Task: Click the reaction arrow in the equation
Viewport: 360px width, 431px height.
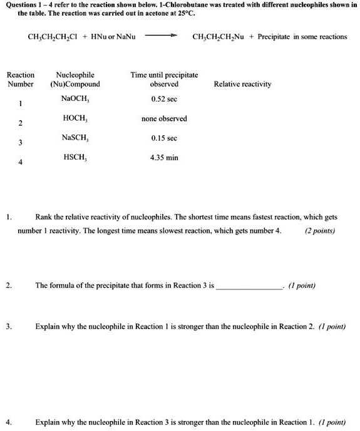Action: (163, 36)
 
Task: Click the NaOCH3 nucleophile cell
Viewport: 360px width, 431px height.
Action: (75, 98)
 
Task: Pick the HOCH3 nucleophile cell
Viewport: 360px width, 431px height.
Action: (75, 118)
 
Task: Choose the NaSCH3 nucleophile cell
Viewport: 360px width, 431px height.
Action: (75, 137)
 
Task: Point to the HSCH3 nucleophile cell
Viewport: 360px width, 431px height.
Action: (75, 157)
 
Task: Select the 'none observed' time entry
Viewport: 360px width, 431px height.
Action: (164, 118)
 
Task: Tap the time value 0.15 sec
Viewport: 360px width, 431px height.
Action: (164, 138)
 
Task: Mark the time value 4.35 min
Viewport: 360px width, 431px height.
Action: (164, 158)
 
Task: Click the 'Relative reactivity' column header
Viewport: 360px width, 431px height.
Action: (242, 84)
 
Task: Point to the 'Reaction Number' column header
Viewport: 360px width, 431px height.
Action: (20, 79)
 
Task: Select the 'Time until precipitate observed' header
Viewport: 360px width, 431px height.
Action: (164, 79)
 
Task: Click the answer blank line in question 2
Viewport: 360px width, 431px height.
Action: (249, 286)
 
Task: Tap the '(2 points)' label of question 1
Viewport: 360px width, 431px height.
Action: (319, 230)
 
